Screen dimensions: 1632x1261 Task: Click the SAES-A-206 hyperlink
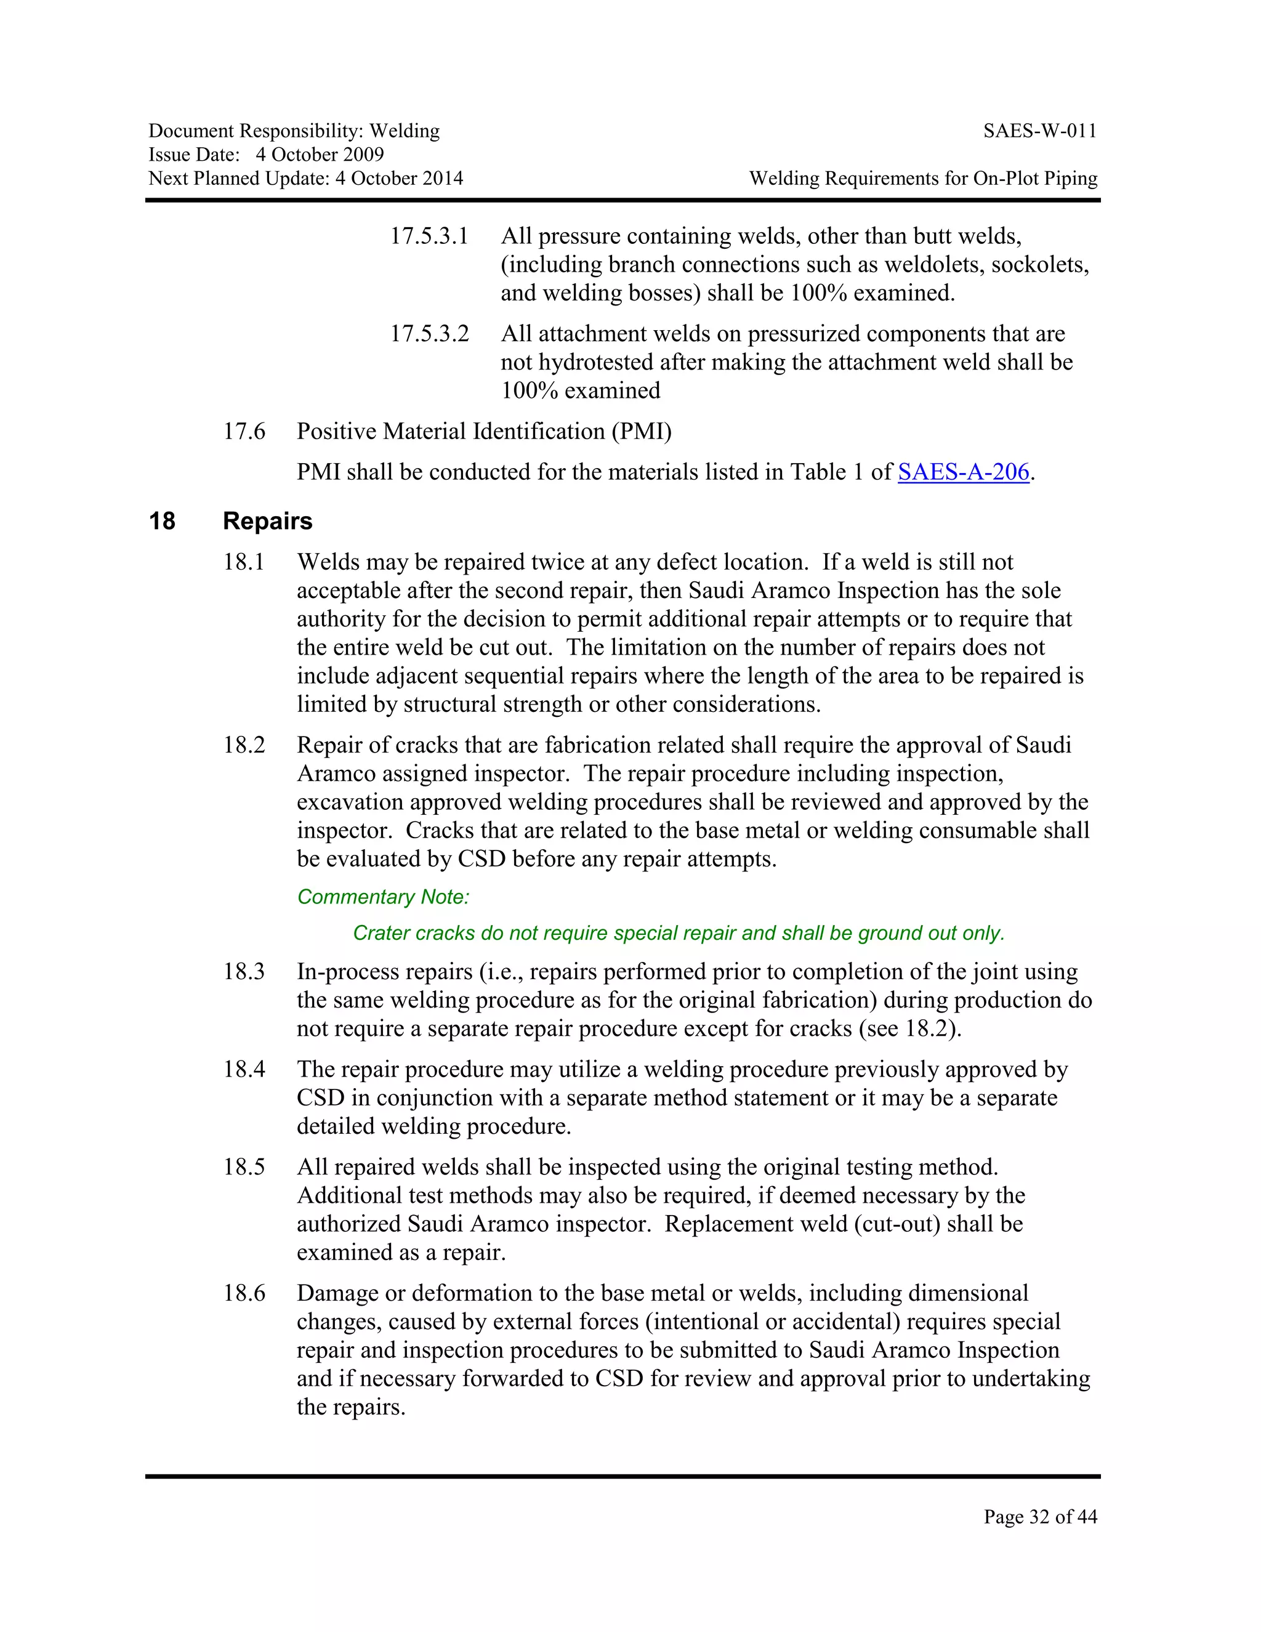[963, 472]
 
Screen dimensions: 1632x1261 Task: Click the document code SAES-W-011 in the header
[1040, 132]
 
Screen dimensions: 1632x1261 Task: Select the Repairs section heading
[267, 521]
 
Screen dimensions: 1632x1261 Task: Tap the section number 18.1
[244, 562]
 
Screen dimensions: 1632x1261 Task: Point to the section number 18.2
[244, 745]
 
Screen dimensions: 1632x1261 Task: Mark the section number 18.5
[244, 1167]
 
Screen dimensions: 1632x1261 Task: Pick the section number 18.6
[244, 1293]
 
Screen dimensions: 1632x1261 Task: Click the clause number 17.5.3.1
[429, 236]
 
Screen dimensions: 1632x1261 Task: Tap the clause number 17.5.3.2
[429, 334]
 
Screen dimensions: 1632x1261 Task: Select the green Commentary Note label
[383, 897]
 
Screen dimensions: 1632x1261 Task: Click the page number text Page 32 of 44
[1040, 1516]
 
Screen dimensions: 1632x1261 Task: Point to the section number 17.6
[244, 431]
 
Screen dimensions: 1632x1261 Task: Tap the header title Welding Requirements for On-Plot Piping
[924, 179]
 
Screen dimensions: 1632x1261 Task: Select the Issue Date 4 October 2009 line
[266, 155]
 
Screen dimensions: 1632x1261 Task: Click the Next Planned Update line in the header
[305, 179]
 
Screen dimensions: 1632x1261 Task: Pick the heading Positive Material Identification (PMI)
[484, 431]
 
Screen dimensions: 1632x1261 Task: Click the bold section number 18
[162, 521]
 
